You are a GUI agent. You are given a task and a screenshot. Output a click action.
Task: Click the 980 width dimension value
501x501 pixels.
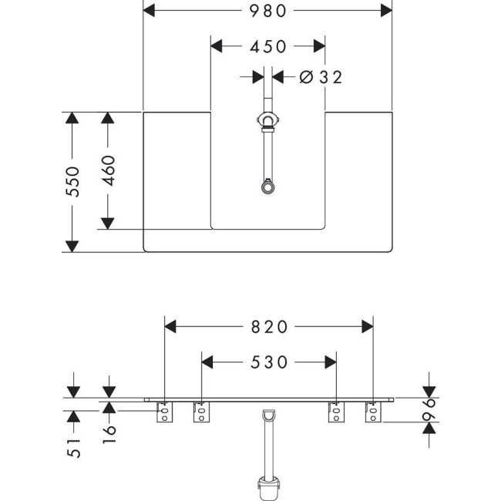[267, 10]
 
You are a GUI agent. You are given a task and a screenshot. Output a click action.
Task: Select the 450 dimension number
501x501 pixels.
[267, 46]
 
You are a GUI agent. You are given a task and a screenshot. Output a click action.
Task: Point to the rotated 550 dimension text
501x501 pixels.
[72, 182]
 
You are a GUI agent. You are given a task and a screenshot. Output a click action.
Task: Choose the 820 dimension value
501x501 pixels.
[268, 326]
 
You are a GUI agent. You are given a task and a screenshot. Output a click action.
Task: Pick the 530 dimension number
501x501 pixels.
[268, 361]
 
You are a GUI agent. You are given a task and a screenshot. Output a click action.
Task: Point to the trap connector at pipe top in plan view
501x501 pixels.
[267, 121]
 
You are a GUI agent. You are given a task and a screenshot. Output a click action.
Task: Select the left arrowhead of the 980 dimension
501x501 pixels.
[151, 10]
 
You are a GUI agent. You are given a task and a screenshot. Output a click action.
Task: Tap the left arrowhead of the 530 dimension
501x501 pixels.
[208, 361]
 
